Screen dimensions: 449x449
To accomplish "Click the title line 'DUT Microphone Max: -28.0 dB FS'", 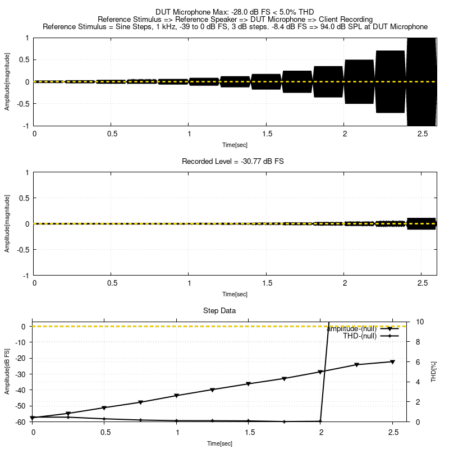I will click(x=235, y=11).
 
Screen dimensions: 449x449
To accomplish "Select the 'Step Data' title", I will click(x=219, y=310).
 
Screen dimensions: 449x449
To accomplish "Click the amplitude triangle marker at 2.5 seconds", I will click(x=392, y=362).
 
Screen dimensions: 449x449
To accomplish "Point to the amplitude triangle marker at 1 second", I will click(x=177, y=396).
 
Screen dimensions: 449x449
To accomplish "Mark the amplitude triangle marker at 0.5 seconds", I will click(x=104, y=408).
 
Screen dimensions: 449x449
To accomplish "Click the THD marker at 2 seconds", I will click(x=320, y=421).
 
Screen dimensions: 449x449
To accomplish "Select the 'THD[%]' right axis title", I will click(x=433, y=372).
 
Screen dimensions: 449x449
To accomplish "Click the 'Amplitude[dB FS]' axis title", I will click(x=7, y=372).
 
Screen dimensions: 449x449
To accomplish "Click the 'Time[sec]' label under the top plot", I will click(x=235, y=145).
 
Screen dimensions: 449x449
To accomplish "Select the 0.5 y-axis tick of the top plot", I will click(x=24, y=59).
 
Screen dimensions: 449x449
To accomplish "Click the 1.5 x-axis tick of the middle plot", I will click(x=267, y=283).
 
